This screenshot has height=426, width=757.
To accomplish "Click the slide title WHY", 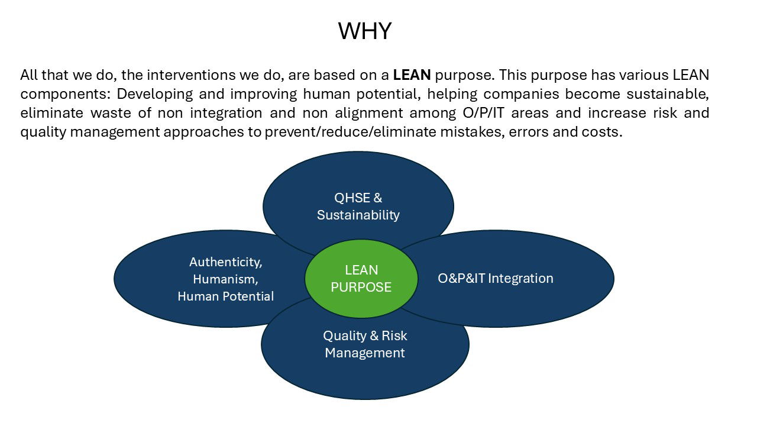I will pyautogui.click(x=364, y=31).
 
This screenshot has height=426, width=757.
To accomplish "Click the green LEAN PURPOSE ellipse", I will pyautogui.click(x=361, y=279).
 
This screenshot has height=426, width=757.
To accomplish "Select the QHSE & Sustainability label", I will pyautogui.click(x=358, y=206).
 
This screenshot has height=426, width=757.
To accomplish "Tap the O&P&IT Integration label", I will pyautogui.click(x=495, y=278).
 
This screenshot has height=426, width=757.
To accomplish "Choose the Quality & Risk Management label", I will pyautogui.click(x=365, y=344).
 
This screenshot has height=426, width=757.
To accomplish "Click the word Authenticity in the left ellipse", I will pyautogui.click(x=225, y=262).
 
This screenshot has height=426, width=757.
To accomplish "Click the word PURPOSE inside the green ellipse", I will pyautogui.click(x=361, y=288).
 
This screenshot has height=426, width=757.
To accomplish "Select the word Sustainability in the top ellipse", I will pyautogui.click(x=358, y=215).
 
